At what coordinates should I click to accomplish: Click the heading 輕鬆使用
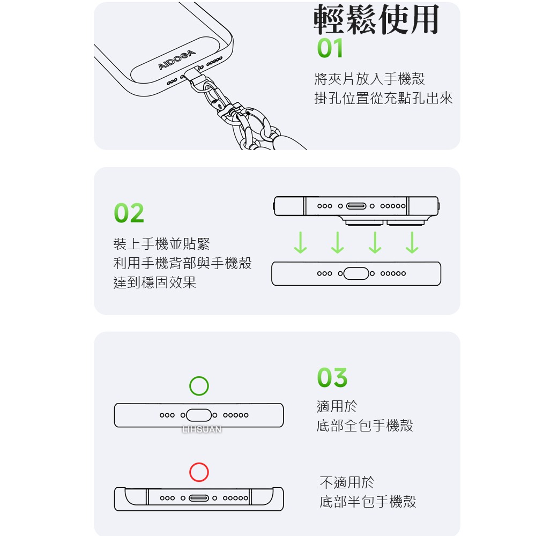pos(376,20)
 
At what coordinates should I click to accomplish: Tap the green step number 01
pos(330,49)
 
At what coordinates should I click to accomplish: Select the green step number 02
pos(129,213)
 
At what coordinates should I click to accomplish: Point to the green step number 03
pos(332,378)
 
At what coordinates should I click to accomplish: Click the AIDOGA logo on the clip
pos(177,59)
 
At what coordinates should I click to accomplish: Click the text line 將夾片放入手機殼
pos(369,79)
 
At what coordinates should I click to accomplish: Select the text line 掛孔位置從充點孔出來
pos(383,98)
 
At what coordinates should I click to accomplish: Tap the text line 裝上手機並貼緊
pos(162,244)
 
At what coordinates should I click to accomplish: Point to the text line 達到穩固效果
pos(155,282)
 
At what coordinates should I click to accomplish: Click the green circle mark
pos(199,386)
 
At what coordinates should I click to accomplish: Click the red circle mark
pos(199,472)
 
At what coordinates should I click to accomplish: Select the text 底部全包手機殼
pos(365,426)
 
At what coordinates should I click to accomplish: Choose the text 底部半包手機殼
pos(368,502)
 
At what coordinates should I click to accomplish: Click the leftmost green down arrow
pos(300,243)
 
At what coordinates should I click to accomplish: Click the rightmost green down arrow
pos(412,243)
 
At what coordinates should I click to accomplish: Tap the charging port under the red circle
pos(199,498)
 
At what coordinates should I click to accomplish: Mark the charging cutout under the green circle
pos(199,415)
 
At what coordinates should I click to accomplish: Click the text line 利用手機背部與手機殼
pos(182,263)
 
